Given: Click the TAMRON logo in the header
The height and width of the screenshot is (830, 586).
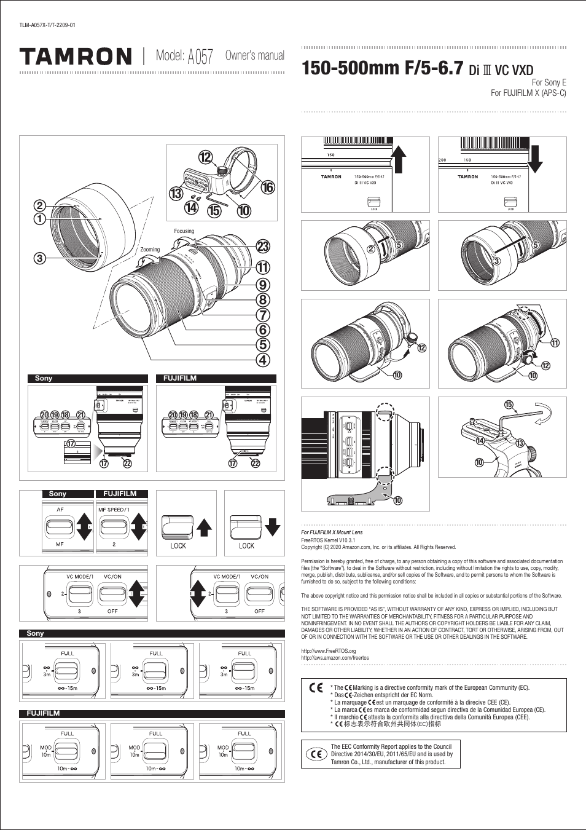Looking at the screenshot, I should tap(76, 57).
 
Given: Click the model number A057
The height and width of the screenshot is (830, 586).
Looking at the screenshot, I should tap(200, 57).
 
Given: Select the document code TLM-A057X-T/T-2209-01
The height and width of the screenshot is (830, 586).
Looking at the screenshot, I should tap(47, 25).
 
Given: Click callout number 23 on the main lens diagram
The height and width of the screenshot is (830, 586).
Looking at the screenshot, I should tap(263, 247).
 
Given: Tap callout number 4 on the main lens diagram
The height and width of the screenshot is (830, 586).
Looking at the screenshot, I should tap(263, 360).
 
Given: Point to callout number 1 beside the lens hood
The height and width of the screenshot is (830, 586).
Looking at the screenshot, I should tap(40, 218).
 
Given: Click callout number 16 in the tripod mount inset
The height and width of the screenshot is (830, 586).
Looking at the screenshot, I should tap(268, 188).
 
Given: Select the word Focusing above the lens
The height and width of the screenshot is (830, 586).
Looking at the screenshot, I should tap(184, 231).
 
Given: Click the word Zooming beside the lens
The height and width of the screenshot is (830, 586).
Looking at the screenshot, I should tap(150, 250).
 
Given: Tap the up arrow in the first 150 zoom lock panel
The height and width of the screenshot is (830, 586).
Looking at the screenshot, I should tap(399, 159).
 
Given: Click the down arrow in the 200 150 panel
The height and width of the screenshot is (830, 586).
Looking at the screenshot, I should tap(535, 159).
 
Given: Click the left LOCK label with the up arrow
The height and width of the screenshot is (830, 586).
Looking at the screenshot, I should tap(178, 545).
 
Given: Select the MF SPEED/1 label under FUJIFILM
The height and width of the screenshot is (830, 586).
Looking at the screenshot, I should tap(114, 510).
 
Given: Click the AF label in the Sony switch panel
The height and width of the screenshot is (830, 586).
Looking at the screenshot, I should tap(60, 510).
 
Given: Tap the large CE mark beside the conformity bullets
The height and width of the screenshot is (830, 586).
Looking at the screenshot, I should tap(316, 688).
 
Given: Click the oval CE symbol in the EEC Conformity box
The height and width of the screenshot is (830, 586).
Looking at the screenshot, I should tap(316, 754).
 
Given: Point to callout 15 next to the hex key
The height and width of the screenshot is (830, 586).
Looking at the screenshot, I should tap(509, 405).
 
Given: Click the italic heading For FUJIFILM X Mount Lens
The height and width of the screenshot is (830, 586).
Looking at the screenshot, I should tap(332, 532).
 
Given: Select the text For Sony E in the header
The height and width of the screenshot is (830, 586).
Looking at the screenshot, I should tap(549, 82).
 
